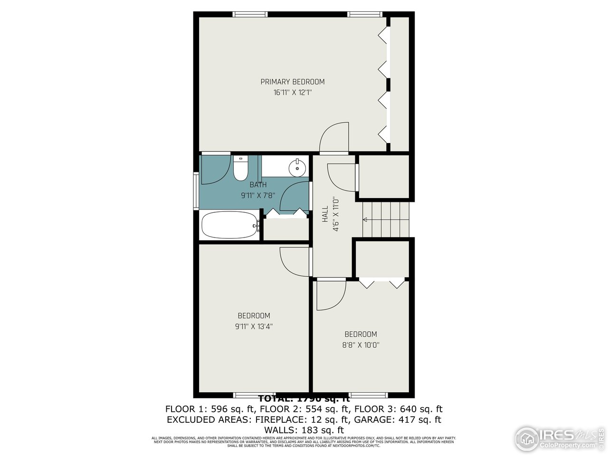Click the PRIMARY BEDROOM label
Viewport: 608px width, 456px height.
(292, 82)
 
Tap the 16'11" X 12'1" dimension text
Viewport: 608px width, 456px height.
(292, 93)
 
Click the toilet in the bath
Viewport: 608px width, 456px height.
(240, 168)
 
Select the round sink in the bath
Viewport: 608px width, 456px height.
(298, 167)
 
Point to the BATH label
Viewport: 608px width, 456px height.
(258, 185)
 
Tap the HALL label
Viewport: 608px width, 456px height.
(325, 214)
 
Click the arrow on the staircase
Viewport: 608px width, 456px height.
(366, 219)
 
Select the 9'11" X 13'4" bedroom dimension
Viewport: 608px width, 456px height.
(254, 326)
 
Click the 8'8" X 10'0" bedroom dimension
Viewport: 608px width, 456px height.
(361, 345)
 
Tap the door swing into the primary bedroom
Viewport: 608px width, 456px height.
(335, 138)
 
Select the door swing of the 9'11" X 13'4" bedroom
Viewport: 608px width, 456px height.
(294, 261)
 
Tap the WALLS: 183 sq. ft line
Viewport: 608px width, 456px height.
(304, 430)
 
